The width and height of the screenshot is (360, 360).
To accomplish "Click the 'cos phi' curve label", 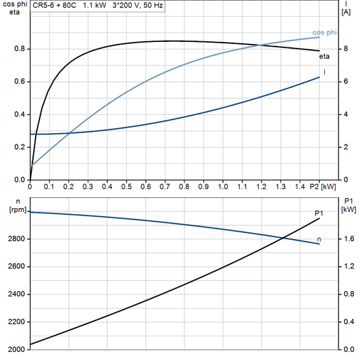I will pyautogui.click(x=324, y=32).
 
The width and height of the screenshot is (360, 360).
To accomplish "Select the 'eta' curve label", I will pyautogui.click(x=324, y=57).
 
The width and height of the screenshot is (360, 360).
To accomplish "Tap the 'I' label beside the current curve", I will pyautogui.click(x=325, y=72).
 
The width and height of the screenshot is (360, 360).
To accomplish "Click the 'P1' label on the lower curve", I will pyautogui.click(x=319, y=213).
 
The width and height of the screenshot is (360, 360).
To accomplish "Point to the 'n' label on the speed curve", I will pyautogui.click(x=319, y=239).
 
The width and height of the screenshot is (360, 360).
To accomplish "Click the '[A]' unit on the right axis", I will pyautogui.click(x=346, y=13).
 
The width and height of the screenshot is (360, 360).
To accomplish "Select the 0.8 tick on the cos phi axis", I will pyautogui.click(x=20, y=49).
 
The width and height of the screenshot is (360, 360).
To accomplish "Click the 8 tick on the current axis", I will pyautogui.click(x=345, y=49).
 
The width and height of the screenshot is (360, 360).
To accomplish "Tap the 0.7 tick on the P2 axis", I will pyautogui.click(x=165, y=186).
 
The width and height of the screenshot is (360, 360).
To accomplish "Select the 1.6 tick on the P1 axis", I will pyautogui.click(x=348, y=239).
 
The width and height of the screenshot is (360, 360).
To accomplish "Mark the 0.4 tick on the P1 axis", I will pyautogui.click(x=348, y=322).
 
